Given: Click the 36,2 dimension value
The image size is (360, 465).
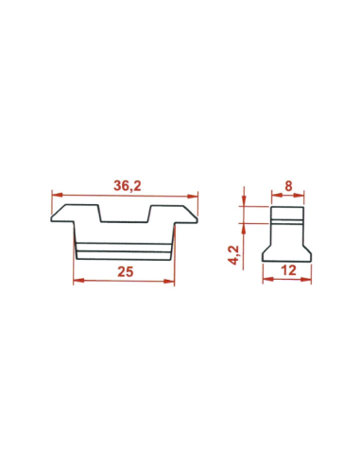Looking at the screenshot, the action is click(x=128, y=186).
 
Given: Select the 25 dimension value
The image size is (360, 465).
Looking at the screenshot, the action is click(x=126, y=271).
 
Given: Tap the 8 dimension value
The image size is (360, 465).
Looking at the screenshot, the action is click(x=288, y=186).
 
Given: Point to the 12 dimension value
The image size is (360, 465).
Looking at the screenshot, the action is click(x=288, y=270).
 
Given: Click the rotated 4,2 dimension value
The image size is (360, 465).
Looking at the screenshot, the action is click(x=235, y=255).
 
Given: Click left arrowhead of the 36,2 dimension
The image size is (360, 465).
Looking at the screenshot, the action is click(x=58, y=195).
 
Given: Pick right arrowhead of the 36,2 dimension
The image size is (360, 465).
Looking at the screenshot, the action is click(x=193, y=197).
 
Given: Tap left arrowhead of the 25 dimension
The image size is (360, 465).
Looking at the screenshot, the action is click(x=78, y=280).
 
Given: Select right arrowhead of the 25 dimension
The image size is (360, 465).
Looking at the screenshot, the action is click(x=169, y=281).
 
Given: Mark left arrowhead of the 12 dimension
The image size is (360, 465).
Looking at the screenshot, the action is click(x=268, y=279).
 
